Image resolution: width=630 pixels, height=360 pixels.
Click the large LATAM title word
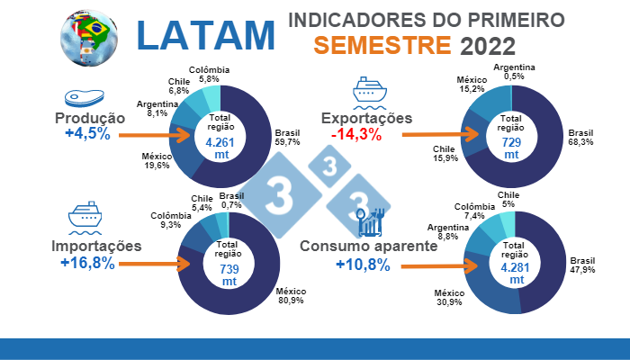[x=206, y=34]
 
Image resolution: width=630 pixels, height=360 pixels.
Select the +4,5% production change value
[x=87, y=134]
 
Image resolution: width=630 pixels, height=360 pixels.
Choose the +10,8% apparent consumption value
[x=363, y=265]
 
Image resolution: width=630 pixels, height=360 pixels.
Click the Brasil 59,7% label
[x=287, y=136]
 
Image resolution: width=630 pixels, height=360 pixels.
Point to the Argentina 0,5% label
[x=515, y=72]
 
